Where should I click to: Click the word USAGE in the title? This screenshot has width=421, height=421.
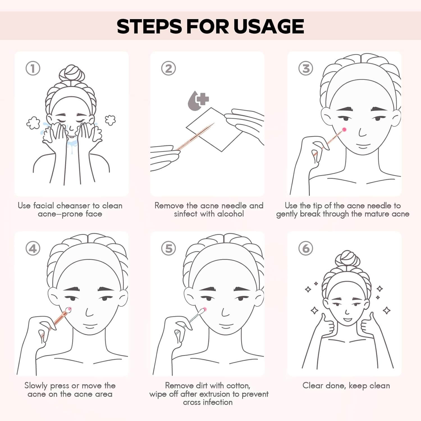click(x=269, y=26)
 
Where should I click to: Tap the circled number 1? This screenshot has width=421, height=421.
click(x=33, y=68)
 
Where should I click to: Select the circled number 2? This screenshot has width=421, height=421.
click(x=168, y=68)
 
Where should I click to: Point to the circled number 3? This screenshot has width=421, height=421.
click(x=306, y=68)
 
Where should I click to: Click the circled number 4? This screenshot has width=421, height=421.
click(x=33, y=248)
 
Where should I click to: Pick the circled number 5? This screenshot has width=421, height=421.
click(x=168, y=248)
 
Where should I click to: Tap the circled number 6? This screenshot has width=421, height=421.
click(x=306, y=248)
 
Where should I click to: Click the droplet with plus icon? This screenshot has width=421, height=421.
click(x=198, y=100)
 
